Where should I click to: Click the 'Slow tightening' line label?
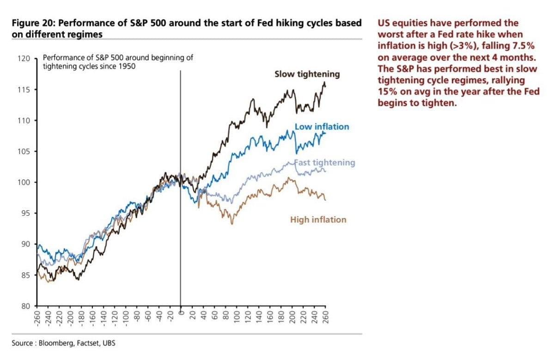tap(307, 74)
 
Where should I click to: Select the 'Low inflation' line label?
tap(322, 127)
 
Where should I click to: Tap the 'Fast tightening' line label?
tap(325, 163)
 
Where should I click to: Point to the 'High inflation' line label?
tap(318, 220)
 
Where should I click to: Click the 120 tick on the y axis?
tap(24, 58)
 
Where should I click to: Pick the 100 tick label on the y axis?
tap(24, 182)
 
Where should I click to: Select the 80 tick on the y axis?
tap(26, 306)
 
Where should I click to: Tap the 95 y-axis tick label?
tap(26, 214)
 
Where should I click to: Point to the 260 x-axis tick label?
tap(326, 316)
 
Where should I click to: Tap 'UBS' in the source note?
tap(109, 343)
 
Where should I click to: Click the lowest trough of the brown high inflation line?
tap(232, 224)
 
